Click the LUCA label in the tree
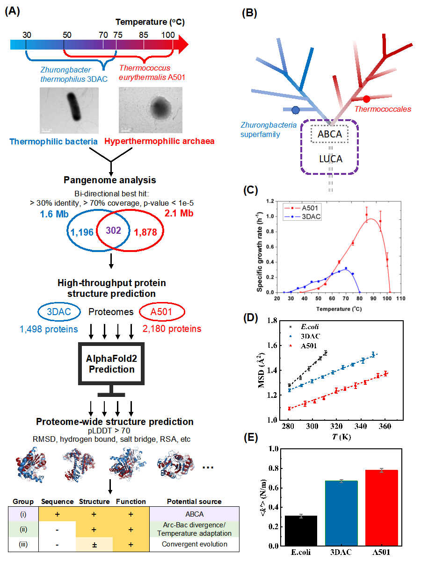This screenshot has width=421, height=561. [331, 158]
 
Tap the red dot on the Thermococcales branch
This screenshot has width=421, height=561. [366, 99]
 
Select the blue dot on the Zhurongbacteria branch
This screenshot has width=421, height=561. [295, 110]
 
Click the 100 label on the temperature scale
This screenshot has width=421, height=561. [167, 35]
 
